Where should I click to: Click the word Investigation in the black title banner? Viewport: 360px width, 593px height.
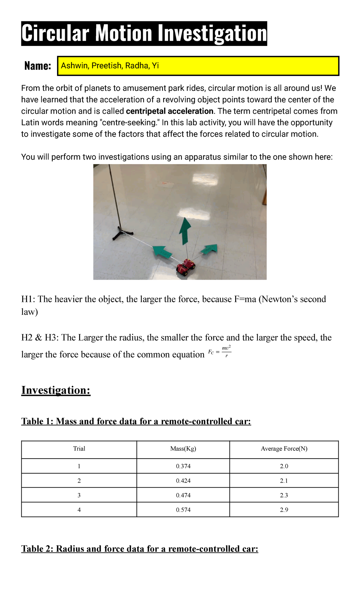212,33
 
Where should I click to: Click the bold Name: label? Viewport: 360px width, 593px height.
37,66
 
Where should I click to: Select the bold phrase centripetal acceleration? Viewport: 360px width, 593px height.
169,111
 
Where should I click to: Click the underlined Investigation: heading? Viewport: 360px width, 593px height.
56,390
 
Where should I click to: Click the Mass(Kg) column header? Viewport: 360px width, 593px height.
183,449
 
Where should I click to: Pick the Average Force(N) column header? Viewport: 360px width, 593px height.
284,449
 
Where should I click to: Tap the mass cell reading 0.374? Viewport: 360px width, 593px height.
183,466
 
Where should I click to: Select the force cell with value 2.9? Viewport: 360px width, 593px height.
284,510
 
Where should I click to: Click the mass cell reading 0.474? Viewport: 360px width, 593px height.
183,495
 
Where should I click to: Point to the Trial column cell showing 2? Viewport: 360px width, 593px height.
79,481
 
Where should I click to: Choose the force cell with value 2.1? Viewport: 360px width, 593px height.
284,481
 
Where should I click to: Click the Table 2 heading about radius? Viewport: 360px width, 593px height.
139,549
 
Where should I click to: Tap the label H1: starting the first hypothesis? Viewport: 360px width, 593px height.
28,299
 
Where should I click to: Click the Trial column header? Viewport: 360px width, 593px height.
79,449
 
